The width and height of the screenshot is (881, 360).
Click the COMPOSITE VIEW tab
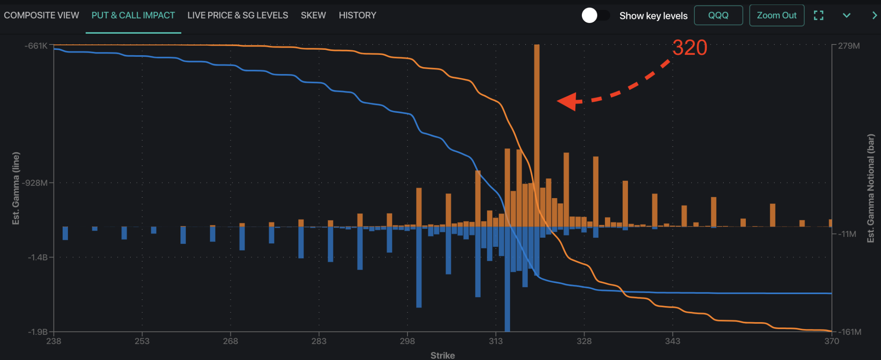tap(41, 16)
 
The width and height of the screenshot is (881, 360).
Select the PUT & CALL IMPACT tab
tap(133, 16)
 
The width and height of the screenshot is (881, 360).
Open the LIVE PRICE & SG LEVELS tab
tap(238, 16)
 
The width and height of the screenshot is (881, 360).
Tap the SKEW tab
tap(313, 16)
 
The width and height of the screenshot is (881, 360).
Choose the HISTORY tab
tap(357, 16)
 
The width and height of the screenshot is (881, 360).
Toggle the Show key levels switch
tap(595, 16)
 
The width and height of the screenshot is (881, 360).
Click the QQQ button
tap(718, 16)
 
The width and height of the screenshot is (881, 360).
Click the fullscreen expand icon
tap(818, 16)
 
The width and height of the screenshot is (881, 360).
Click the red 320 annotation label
tap(689, 48)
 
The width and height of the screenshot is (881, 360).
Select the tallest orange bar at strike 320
tap(537, 124)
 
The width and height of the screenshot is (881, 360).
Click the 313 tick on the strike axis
tap(496, 341)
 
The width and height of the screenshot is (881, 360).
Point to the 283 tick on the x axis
tap(319, 341)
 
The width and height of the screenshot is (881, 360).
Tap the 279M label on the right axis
tap(849, 46)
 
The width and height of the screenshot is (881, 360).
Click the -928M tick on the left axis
tap(36, 183)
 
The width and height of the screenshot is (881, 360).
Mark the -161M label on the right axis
tap(850, 332)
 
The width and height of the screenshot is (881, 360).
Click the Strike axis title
tap(443, 355)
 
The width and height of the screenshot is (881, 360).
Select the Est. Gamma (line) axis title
tap(16, 188)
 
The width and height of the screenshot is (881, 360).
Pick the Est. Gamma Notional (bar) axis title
tap(871, 188)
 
